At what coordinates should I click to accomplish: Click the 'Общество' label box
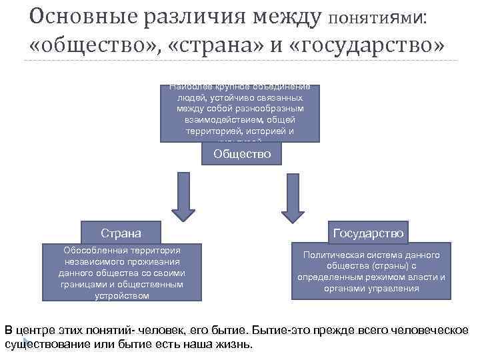point(242,154)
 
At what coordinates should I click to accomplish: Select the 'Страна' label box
point(121,233)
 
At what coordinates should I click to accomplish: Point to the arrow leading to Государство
point(293,197)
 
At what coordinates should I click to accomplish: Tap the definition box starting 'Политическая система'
point(371,271)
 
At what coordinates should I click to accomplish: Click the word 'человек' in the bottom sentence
point(163,329)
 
